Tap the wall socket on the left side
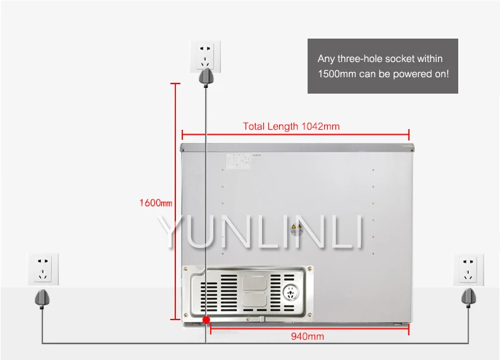coord(43,268)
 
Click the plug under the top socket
coord(204,77)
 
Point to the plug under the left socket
coord(42,296)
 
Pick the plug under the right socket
coord(469,296)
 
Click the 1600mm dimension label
coord(155,203)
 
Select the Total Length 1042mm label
coord(291,127)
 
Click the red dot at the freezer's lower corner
coord(206,321)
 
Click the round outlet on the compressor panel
coord(291,295)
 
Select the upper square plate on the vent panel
coord(256,281)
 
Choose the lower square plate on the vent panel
coord(256,302)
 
